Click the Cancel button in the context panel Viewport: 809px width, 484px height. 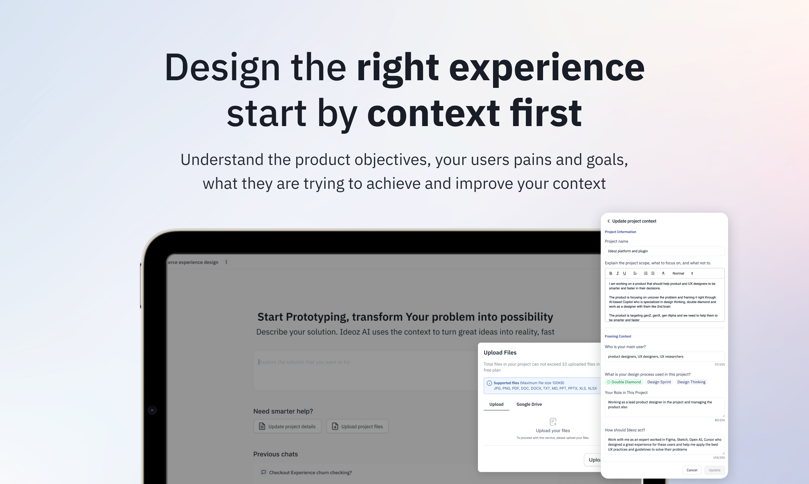point(691,470)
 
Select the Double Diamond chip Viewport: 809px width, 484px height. point(624,382)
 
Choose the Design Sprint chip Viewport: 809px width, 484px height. point(659,382)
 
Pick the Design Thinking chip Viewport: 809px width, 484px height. point(691,382)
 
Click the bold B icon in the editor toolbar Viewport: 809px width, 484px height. point(611,273)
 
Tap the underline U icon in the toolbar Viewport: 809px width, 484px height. point(624,273)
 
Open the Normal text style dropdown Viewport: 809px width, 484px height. point(683,273)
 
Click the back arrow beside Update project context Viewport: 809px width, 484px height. point(608,221)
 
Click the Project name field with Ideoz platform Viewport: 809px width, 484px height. point(664,251)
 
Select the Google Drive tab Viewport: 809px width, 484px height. point(529,404)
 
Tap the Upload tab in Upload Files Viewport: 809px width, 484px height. point(496,404)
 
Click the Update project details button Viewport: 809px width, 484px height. point(287,426)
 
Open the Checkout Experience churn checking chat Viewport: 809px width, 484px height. point(310,472)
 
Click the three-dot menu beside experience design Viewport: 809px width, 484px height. point(226,262)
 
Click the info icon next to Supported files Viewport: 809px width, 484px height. point(489,383)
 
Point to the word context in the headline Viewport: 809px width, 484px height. point(433,113)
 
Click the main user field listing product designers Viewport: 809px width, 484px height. point(664,357)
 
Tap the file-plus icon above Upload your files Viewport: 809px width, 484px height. point(553,422)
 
